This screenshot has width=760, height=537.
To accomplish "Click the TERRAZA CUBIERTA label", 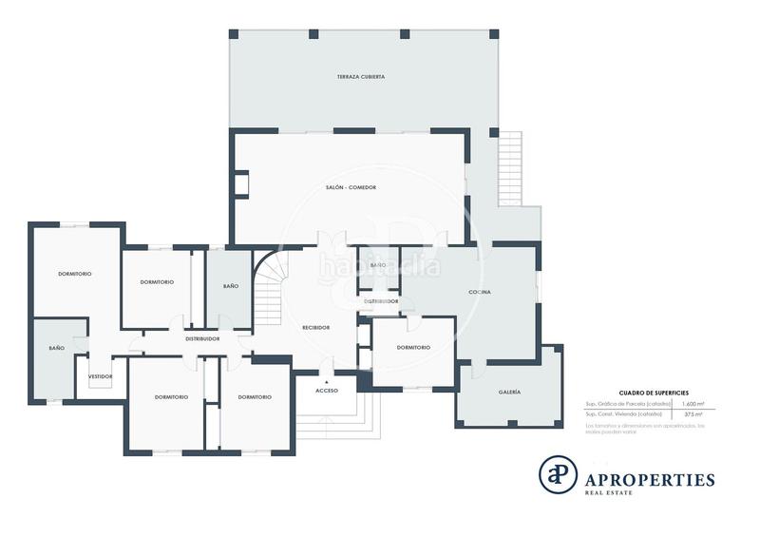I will click(360, 76).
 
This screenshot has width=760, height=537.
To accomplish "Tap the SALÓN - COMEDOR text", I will click(351, 187).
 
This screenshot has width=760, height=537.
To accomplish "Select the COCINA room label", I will click(480, 292).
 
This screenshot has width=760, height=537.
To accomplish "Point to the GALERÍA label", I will click(509, 392).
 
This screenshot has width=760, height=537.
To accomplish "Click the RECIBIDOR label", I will click(315, 327).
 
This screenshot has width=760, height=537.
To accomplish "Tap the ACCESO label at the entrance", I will click(327, 391).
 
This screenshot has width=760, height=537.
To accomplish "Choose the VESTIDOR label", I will click(101, 376).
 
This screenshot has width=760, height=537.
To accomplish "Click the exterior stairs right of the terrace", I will click(510, 166).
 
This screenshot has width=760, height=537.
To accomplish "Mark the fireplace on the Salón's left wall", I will click(241, 183).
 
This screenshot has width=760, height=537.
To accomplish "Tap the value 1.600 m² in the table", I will click(693, 404).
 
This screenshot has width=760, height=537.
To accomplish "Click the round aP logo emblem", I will click(559, 474).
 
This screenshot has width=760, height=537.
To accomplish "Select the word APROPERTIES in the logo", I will click(653, 480).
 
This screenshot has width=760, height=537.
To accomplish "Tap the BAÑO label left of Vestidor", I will click(57, 349).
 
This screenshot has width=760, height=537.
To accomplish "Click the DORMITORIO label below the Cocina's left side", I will click(413, 347).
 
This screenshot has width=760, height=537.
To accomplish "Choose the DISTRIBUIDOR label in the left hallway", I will click(202, 338).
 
